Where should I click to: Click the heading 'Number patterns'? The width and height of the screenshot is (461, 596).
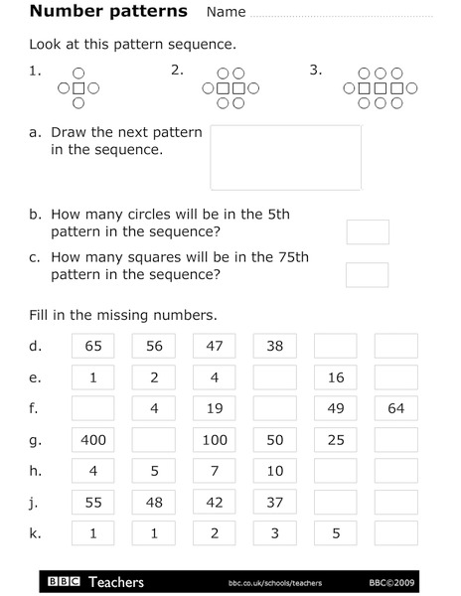tap(108, 12)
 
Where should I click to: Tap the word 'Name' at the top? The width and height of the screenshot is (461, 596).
tap(226, 13)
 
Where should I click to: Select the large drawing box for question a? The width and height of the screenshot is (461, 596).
tap(285, 157)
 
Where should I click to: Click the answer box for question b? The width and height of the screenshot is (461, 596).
tap(367, 232)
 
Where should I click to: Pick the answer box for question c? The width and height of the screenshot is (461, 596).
tap(367, 274)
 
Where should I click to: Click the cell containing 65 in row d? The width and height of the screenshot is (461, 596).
tap(93, 347)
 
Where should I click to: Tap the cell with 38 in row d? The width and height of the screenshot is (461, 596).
tap(275, 347)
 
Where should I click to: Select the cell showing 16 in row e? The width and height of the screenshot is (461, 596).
tap(336, 377)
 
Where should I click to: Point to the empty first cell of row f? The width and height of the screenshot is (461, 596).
tap(93, 408)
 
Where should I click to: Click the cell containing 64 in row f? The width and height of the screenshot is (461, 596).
tap(395, 408)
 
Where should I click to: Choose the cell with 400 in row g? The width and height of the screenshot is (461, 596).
tap(93, 440)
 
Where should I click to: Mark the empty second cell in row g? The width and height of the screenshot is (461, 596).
tap(154, 440)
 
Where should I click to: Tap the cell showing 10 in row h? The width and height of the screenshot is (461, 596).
tap(275, 471)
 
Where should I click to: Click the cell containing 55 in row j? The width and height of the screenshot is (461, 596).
tap(93, 503)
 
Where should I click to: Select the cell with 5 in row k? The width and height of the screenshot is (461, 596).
tap(336, 533)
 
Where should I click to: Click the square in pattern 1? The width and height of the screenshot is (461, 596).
tap(79, 88)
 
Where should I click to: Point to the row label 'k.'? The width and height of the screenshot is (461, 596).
tap(35, 533)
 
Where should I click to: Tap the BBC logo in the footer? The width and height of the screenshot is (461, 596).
tap(64, 581)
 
